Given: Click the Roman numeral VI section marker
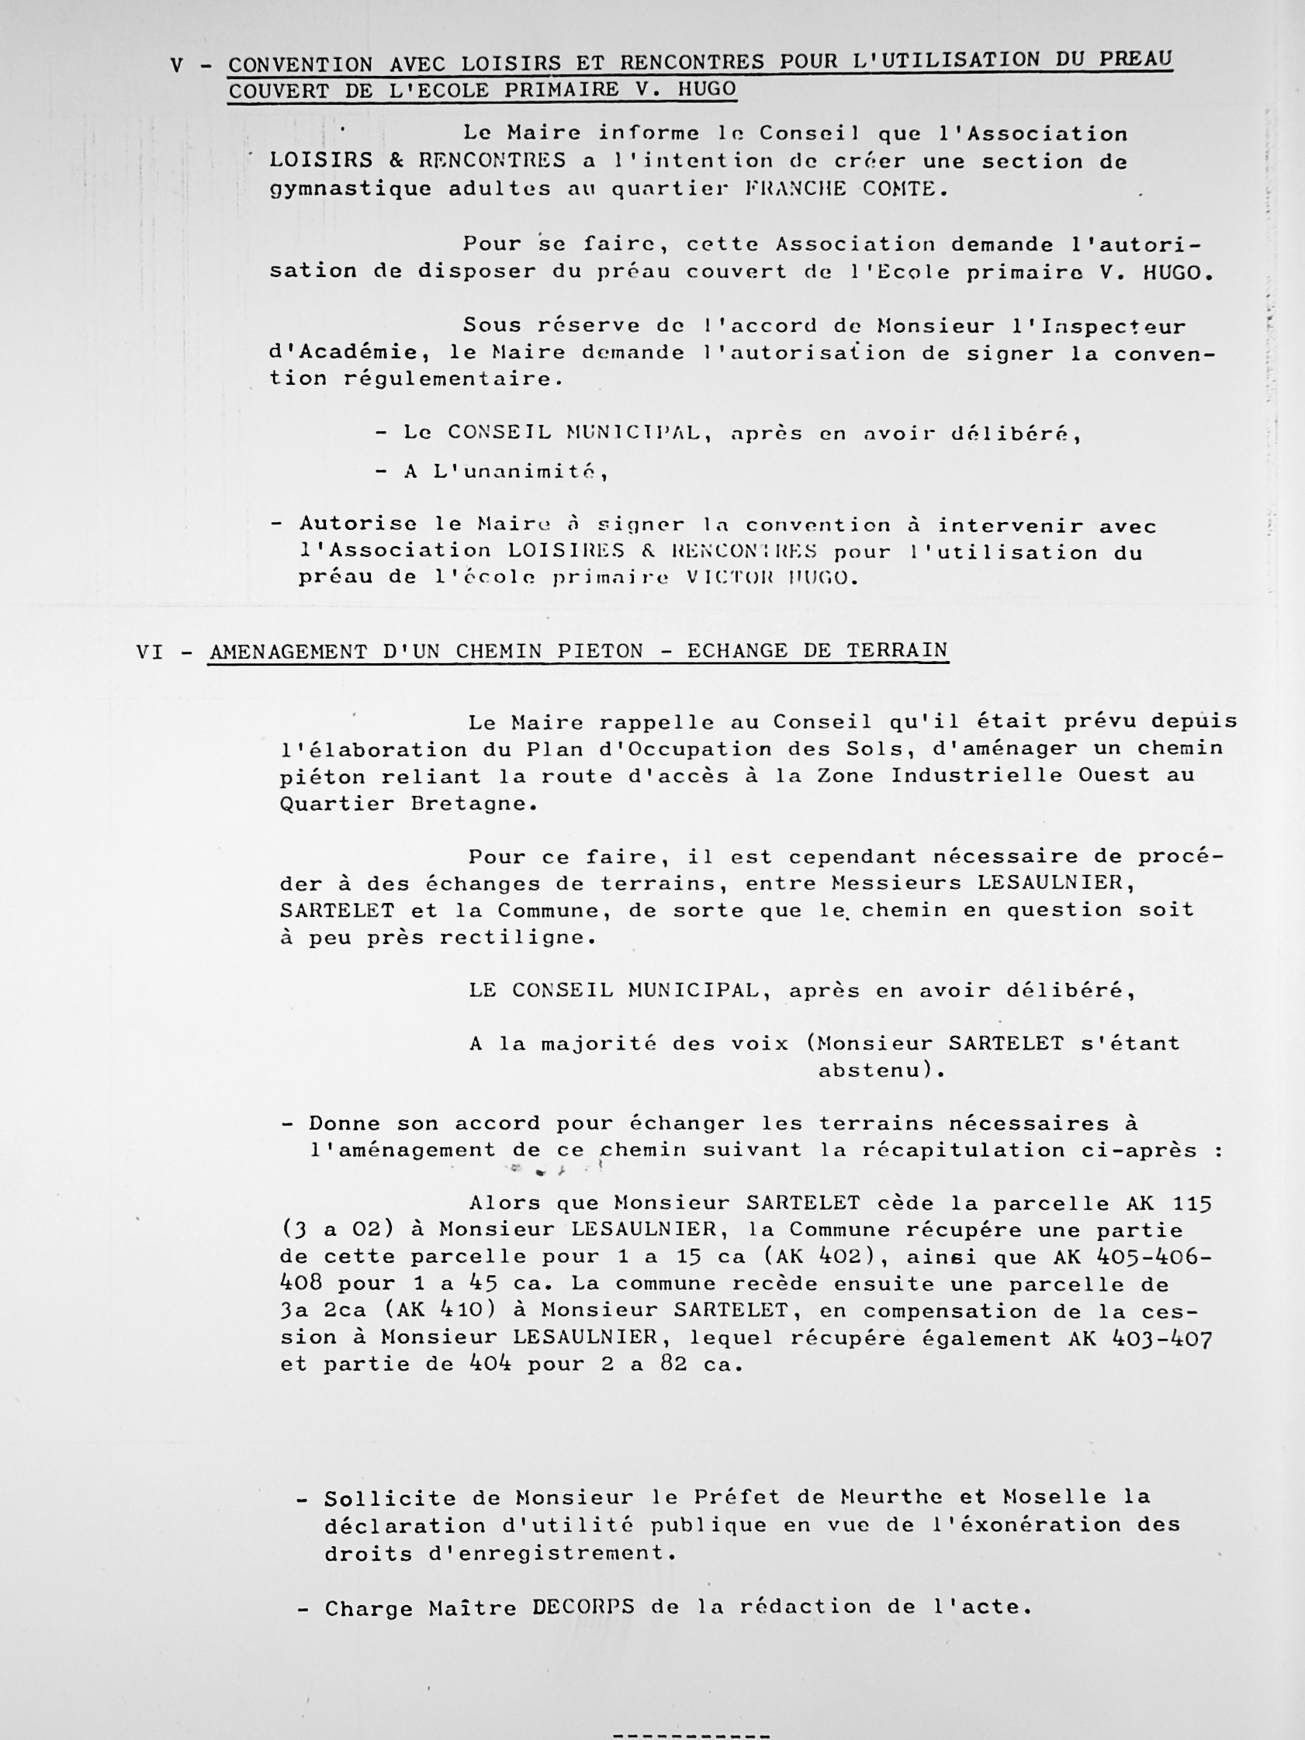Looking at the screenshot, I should point(151,652).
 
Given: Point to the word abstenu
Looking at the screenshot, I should point(871,1071).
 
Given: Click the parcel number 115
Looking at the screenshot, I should point(1192,1204).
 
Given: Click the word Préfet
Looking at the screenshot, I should point(736,1498).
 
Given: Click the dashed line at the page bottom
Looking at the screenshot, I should point(691,1730).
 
